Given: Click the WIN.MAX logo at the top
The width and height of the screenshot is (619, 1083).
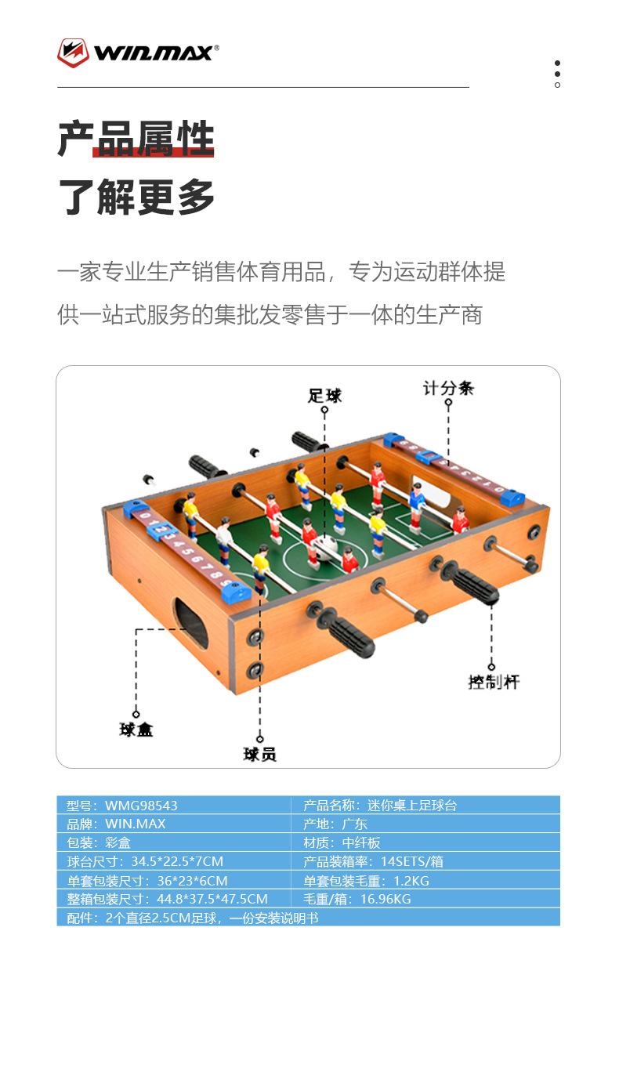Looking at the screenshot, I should coord(137,53).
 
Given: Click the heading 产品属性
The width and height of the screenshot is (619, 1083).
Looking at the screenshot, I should coord(136,139).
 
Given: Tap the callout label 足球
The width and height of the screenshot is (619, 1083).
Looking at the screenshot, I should coord(324,395).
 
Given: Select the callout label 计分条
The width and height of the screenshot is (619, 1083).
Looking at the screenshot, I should coord(448,387).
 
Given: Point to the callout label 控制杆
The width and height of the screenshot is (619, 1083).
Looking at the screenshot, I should coord(494,682).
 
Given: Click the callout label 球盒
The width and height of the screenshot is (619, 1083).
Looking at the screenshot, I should coord(136,730).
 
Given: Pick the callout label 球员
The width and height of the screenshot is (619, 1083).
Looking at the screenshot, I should coord(259,754).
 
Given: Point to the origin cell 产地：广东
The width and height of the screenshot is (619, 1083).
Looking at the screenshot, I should coord(335,824).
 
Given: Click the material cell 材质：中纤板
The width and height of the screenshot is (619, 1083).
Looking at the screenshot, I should coord(342,842).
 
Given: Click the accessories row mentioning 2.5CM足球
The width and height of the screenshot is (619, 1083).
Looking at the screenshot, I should coord(193,918).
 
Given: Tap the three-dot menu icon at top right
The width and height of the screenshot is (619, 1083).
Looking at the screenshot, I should coord(557,74).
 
